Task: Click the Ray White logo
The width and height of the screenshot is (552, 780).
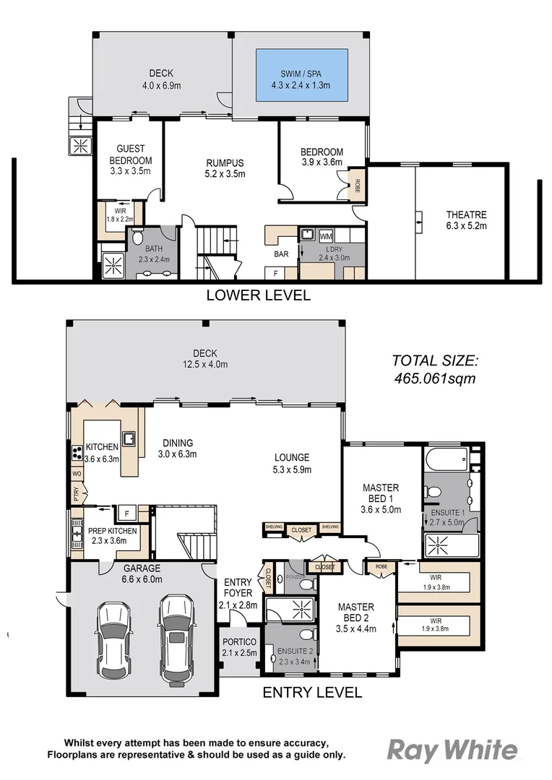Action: [453, 751]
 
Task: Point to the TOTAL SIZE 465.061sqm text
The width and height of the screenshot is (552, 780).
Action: [435, 369]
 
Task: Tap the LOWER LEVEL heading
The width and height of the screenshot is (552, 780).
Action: [258, 295]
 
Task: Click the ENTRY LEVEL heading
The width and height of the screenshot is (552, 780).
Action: [311, 693]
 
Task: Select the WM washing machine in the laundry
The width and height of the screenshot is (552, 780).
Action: [326, 235]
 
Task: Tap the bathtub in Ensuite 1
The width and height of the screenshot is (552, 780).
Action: [447, 459]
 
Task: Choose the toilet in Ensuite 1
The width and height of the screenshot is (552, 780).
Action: [434, 493]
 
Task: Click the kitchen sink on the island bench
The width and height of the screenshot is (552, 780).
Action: [129, 438]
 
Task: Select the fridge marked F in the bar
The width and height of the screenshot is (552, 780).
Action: [276, 272]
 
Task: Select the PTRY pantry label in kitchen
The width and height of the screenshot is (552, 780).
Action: [76, 493]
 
